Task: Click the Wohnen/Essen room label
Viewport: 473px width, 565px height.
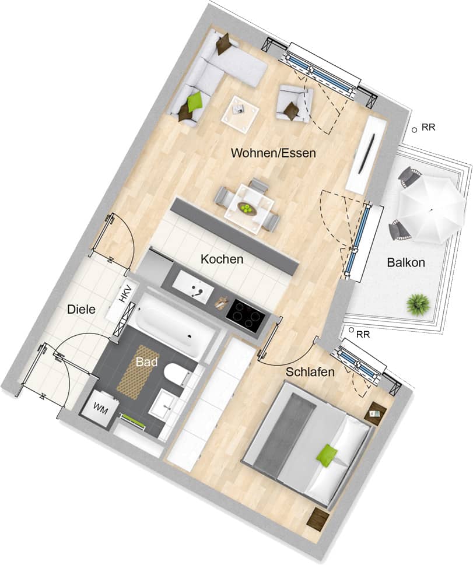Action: (274, 153)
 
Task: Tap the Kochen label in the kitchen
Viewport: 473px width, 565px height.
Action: (222, 259)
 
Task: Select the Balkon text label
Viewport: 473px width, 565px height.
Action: (406, 262)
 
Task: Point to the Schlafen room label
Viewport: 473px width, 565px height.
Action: (310, 371)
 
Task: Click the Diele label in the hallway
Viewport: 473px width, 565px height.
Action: (82, 309)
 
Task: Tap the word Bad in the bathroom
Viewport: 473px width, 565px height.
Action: (147, 362)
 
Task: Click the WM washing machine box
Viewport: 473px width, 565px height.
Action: (100, 409)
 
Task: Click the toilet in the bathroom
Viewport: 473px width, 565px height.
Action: (177, 375)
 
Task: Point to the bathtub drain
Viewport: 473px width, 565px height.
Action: (189, 337)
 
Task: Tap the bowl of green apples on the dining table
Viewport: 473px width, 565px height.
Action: (246, 209)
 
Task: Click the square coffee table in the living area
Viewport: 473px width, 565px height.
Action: (240, 110)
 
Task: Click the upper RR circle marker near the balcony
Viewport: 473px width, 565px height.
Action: (414, 129)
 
